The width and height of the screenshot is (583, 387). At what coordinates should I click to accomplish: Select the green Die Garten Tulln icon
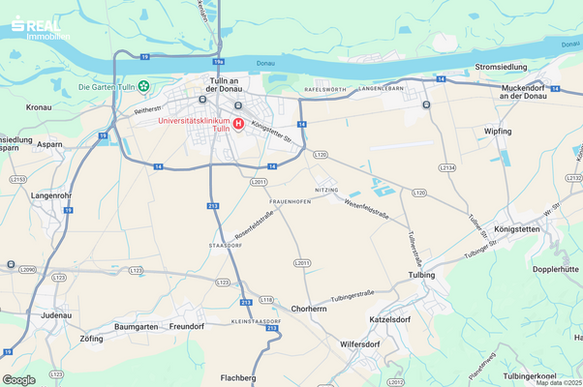(x=143, y=87)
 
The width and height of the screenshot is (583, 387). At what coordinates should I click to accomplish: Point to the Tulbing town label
(x=422, y=275)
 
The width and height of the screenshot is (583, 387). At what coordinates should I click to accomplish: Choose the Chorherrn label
(x=308, y=309)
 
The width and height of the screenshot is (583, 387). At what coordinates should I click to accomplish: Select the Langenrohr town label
(x=51, y=194)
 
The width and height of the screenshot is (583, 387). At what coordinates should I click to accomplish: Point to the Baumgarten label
(x=136, y=326)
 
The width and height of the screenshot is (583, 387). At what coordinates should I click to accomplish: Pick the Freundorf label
(x=187, y=326)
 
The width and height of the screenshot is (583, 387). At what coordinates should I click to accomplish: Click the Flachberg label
(x=238, y=377)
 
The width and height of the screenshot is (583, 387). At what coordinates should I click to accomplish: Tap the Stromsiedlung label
(x=501, y=67)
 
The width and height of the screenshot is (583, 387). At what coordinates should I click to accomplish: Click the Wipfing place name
(x=499, y=130)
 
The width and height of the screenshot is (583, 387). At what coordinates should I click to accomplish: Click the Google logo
(x=18, y=379)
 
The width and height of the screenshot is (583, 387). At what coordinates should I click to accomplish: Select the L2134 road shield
(x=447, y=167)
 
